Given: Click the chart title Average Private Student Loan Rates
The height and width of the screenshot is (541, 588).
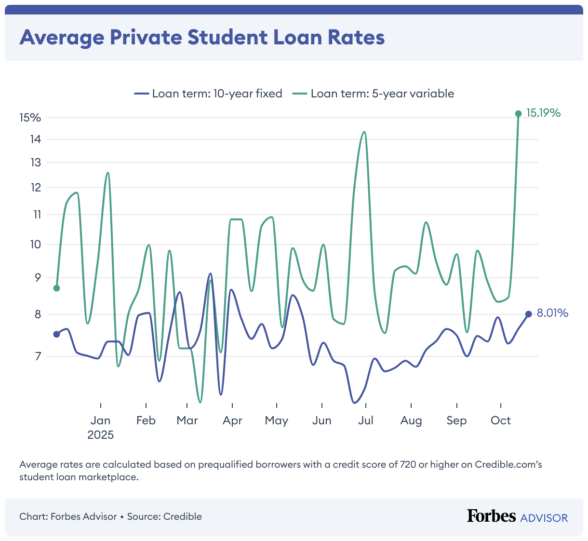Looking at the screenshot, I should pos(202,37).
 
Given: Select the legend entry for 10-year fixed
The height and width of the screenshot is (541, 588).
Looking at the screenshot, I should pos(209,94).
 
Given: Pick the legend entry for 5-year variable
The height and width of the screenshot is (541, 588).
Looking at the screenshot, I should pos(374,94).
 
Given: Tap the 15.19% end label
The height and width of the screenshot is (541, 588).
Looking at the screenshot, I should pos(543,113).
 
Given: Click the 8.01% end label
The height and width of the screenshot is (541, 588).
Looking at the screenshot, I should pos(552,313).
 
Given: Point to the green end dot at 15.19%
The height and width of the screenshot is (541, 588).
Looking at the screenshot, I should pos(518,114).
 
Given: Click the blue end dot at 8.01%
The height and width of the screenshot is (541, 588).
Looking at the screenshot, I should pos(528,314).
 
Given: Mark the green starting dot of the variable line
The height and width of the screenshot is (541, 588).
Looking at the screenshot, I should pos(56,288).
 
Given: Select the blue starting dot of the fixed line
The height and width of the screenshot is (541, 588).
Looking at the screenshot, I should pos(56,334).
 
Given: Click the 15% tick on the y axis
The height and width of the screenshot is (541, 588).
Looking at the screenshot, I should pos(30,118).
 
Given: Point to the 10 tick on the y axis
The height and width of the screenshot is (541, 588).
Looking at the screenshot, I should pos(35,244).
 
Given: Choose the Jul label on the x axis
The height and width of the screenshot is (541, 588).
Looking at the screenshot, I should pos(365,420).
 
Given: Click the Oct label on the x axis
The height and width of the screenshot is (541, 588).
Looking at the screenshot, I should pos(500,420).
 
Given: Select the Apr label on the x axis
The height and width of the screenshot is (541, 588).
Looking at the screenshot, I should pos(232,420).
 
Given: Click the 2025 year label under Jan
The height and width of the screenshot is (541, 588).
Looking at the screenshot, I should pos(100,435).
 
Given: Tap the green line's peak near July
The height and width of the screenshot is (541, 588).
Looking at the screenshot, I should pos(364,132).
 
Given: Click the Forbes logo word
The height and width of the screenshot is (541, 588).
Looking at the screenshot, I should pos(491,516).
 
